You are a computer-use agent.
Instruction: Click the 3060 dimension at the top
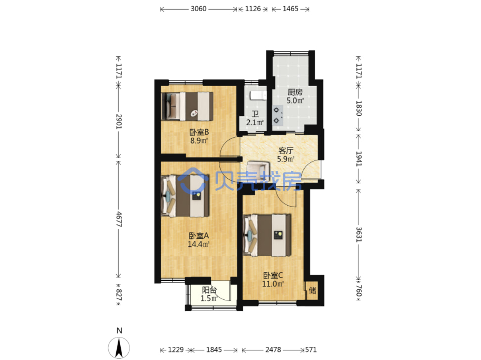click(x=198, y=9)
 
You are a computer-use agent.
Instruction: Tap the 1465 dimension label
click(x=290, y=9)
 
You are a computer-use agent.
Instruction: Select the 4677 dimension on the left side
click(x=119, y=219)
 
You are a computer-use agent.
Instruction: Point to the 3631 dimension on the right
click(x=358, y=235)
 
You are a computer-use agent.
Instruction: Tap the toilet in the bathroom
click(x=258, y=96)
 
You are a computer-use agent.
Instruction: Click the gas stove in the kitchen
click(x=278, y=115)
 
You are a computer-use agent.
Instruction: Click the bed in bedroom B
click(x=187, y=106)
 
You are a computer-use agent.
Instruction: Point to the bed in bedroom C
click(x=267, y=235)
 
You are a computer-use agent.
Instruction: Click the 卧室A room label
click(x=199, y=236)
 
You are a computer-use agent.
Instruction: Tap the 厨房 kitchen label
click(x=295, y=92)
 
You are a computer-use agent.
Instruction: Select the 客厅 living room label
click(x=286, y=150)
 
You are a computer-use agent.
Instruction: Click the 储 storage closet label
click(x=312, y=291)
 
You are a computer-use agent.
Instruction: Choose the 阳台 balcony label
click(x=209, y=290)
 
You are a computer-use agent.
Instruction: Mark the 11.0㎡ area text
click(x=273, y=284)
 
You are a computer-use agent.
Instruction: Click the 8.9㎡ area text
click(x=199, y=140)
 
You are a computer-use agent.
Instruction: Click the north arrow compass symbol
click(x=119, y=348)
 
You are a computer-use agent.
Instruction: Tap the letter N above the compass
click(x=119, y=330)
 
